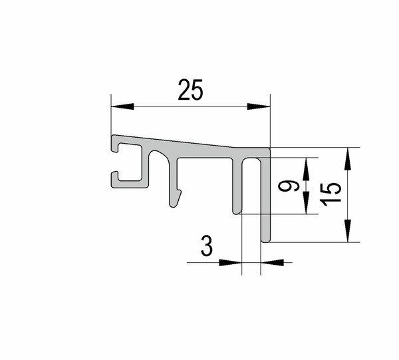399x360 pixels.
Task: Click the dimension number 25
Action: (191, 90)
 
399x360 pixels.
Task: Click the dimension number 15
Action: (331, 194)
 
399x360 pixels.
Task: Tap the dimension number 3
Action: (207, 246)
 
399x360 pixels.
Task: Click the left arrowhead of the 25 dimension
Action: (122, 106)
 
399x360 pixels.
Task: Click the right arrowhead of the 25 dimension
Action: (259, 106)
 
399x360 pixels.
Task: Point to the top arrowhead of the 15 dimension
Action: (348, 159)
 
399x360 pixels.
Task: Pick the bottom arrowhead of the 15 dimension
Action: (348, 231)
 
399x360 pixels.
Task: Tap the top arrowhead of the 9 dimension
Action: (306, 169)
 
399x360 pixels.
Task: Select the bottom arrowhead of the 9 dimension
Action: (306, 202)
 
